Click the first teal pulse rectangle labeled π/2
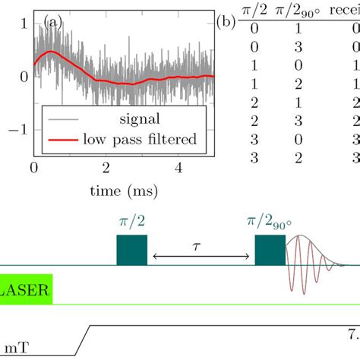pyautogui.click(x=131, y=250)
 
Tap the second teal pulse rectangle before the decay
pyautogui.click(x=270, y=250)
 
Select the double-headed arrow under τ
pyautogui.click(x=201, y=258)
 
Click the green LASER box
pyautogui.click(x=24, y=289)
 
